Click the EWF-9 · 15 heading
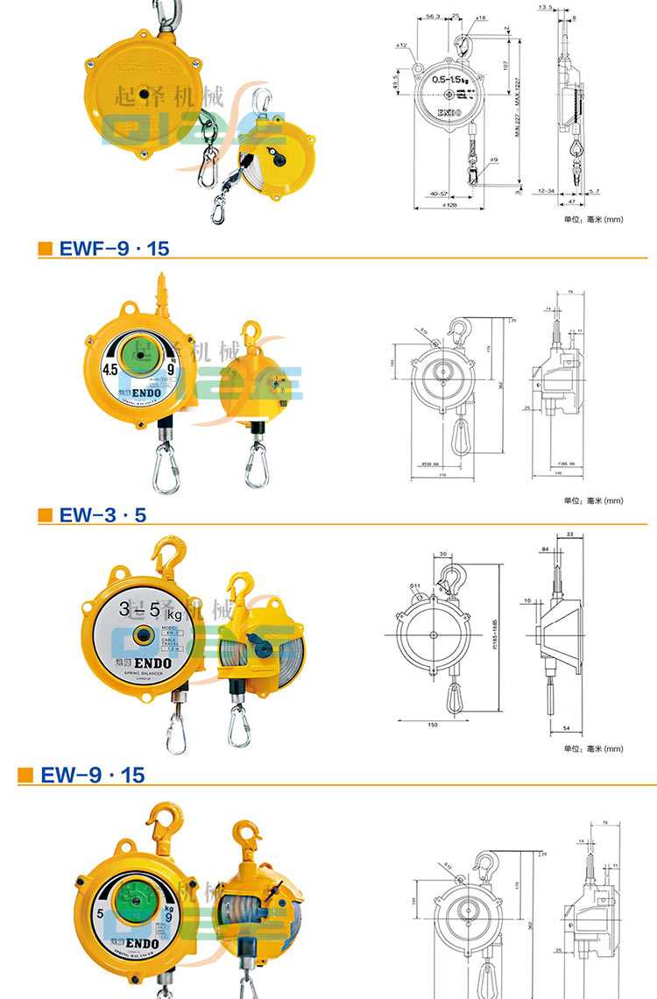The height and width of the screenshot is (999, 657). [x=114, y=249]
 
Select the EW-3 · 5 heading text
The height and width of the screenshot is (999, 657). [x=102, y=515]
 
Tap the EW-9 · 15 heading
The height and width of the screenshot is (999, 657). [x=92, y=775]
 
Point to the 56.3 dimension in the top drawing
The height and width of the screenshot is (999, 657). [x=431, y=18]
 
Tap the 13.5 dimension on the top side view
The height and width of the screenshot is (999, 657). [x=546, y=7]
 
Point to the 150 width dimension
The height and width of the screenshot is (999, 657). [x=432, y=726]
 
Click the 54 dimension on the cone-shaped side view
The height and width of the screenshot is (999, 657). [x=566, y=728]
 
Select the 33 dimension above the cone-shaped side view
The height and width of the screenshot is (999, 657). [x=570, y=534]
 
